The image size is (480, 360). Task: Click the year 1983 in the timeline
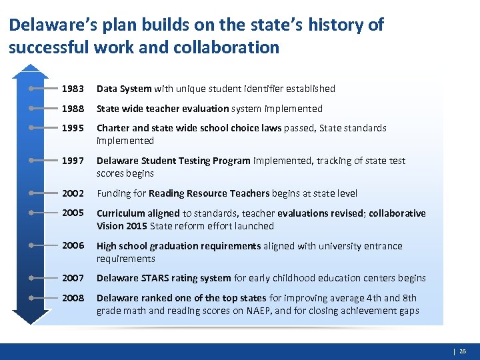[73, 89]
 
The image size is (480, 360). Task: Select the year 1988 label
[73, 109]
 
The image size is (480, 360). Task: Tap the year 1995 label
[73, 128]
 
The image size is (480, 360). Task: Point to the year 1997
[73, 161]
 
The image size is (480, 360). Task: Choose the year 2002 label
[73, 193]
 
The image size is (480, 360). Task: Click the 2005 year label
[73, 213]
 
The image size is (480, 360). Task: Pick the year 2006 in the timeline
[73, 245]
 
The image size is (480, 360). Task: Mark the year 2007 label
[73, 278]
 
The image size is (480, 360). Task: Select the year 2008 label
[73, 298]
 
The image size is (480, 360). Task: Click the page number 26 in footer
[463, 350]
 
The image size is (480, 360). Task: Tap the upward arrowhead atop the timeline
[31, 69]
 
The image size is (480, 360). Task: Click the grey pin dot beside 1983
[31, 89]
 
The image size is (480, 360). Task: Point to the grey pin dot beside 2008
[31, 298]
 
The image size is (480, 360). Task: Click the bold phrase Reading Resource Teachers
[209, 193]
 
